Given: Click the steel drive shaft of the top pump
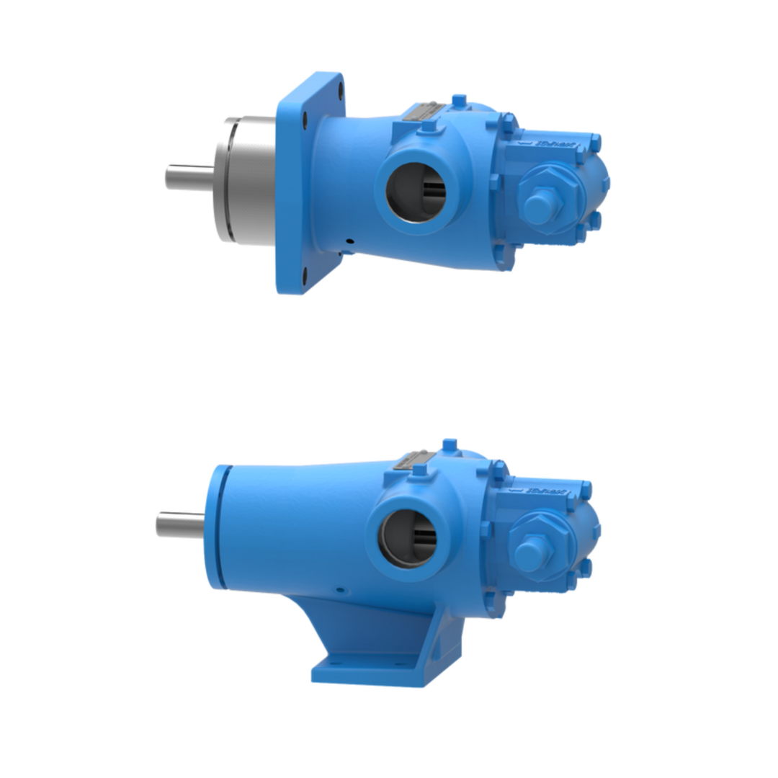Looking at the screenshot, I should (x=189, y=176).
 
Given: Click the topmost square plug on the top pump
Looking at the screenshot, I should (x=458, y=101).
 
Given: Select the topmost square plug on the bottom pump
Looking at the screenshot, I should (x=450, y=446).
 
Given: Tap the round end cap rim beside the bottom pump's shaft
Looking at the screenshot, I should (x=218, y=526).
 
